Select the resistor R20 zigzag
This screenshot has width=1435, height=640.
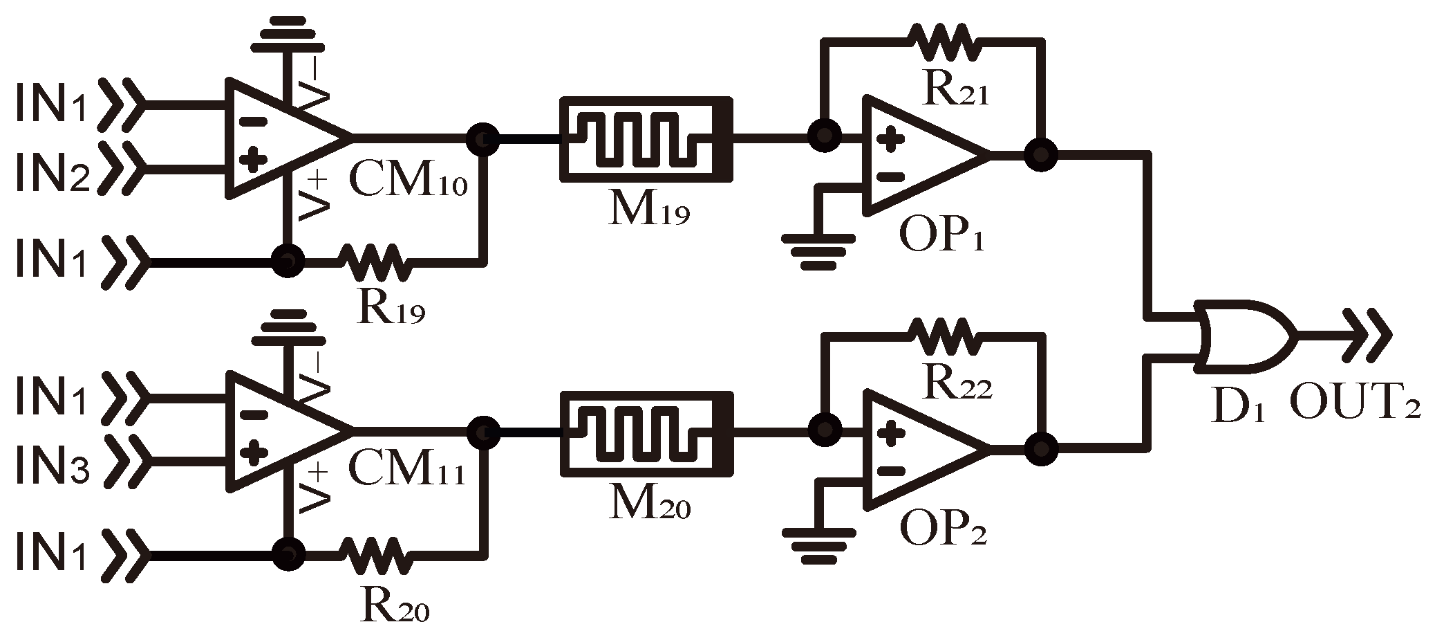click(x=374, y=555)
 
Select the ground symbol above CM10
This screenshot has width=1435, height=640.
click(x=285, y=35)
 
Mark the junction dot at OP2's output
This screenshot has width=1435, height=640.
click(x=1041, y=448)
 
